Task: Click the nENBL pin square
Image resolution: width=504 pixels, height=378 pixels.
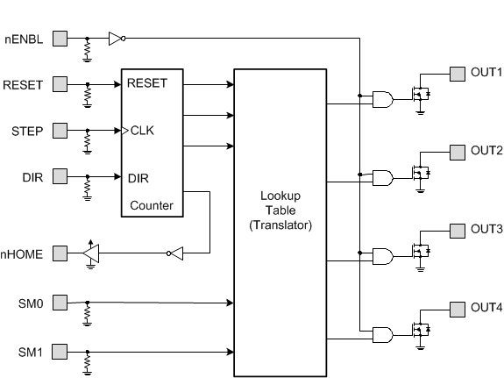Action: coord(60,38)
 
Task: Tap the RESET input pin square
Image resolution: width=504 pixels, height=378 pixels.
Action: coord(60,84)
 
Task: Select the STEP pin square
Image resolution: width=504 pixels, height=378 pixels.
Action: coord(60,131)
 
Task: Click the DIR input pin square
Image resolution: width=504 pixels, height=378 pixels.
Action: coord(60,177)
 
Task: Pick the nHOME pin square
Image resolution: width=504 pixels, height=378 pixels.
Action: coord(60,253)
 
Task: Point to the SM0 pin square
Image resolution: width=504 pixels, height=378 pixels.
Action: coord(60,303)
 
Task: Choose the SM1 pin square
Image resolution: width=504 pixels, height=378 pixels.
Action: coord(60,352)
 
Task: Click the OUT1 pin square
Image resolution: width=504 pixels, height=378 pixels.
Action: coord(457,73)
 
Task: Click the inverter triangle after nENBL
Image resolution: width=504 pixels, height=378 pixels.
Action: coord(115,38)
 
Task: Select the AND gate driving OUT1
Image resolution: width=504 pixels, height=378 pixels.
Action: coord(382,100)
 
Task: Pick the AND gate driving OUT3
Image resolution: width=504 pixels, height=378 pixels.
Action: coord(382,256)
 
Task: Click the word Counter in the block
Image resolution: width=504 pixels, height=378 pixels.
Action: coord(151,206)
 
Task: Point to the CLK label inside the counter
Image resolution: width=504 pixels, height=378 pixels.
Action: coord(141,132)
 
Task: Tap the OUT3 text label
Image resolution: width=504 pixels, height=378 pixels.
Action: coord(486,229)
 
